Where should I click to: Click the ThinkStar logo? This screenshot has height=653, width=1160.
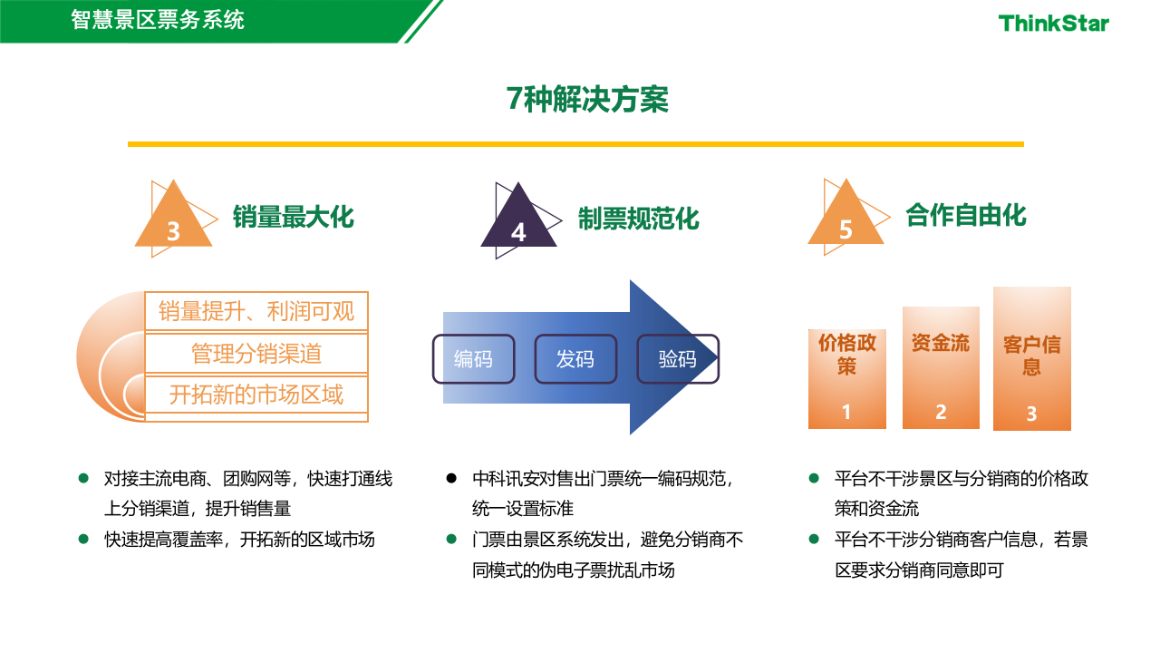(x=1053, y=24)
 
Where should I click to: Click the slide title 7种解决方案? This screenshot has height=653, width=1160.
(x=587, y=100)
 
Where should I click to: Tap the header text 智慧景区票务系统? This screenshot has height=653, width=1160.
(x=158, y=19)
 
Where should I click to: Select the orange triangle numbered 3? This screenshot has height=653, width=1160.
(x=173, y=222)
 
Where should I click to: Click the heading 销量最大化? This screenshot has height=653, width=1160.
(x=293, y=218)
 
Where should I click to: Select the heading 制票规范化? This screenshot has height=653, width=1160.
(x=639, y=219)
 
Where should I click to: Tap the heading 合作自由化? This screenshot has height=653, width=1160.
(x=966, y=215)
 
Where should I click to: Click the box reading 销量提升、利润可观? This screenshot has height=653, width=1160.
(x=256, y=312)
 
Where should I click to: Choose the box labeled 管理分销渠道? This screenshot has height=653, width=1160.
(x=256, y=354)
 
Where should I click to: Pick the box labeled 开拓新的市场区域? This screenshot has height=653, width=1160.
(x=256, y=395)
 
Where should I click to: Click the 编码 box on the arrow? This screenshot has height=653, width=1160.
(x=473, y=359)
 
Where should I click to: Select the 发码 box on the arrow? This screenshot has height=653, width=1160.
(x=575, y=359)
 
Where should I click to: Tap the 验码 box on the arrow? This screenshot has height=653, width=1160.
(x=678, y=359)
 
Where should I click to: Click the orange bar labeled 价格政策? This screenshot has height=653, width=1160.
(x=847, y=379)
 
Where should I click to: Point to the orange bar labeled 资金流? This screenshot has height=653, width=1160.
(x=941, y=367)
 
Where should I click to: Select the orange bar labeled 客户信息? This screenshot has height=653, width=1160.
(x=1032, y=359)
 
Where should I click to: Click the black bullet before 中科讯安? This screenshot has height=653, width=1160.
(x=451, y=478)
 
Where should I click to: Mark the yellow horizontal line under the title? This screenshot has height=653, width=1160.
(x=575, y=144)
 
